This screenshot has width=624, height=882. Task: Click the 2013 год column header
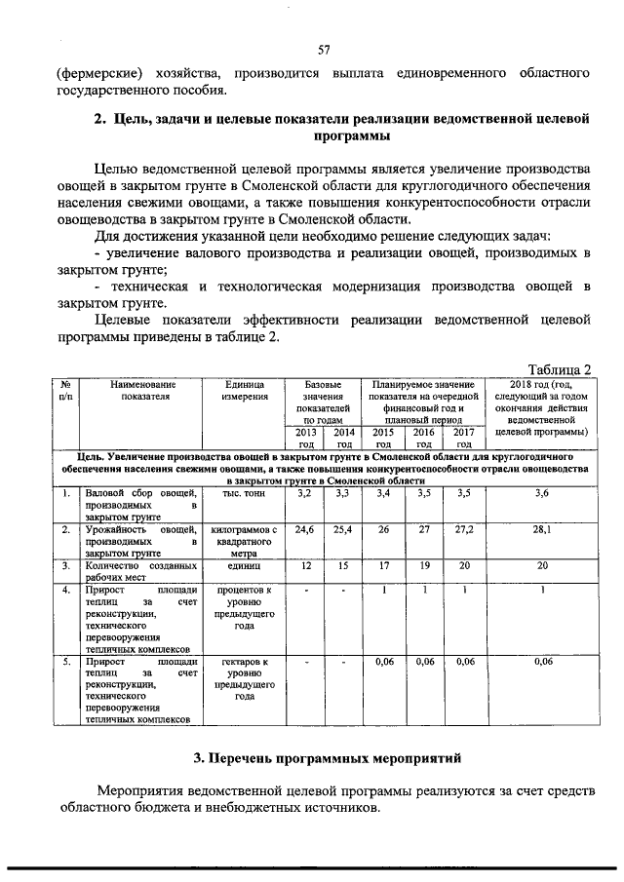point(305,438)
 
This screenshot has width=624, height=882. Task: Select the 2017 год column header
point(463,438)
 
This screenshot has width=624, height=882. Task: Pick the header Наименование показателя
point(141,391)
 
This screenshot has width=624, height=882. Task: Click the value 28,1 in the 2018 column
point(542,529)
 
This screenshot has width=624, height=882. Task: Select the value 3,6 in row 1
point(542,494)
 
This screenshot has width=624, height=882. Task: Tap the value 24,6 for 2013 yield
point(305,529)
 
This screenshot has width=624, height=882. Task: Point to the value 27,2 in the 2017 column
point(463,529)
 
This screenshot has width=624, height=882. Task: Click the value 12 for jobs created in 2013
point(305,564)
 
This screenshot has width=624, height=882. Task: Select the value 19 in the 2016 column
point(423,564)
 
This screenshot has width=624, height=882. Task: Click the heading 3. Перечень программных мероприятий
point(326,757)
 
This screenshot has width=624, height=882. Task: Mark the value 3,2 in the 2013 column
point(305,494)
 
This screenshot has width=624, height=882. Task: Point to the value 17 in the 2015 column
point(384,564)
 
